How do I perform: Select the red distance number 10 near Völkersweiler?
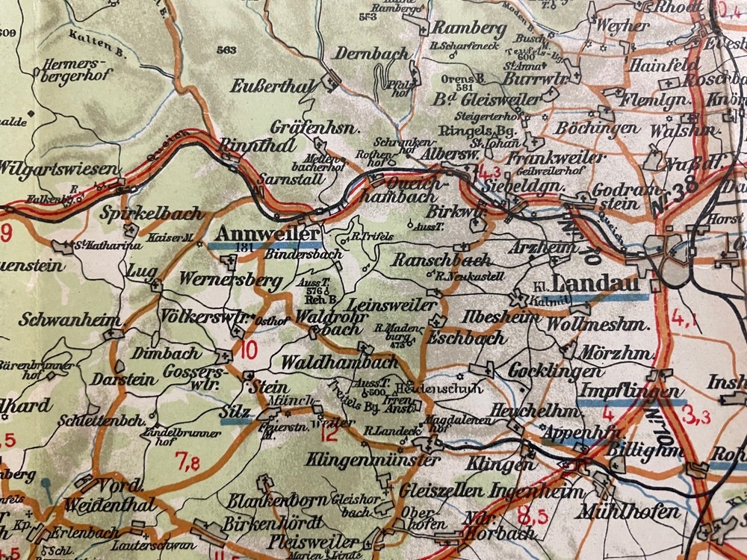pyautogui.click(x=249, y=349)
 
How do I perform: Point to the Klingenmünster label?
pyautogui.click(x=372, y=459)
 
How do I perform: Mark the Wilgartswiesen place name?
pyautogui.click(x=54, y=167)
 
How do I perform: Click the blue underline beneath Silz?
pyautogui.click(x=236, y=420)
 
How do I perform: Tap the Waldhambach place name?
pyautogui.click(x=339, y=362)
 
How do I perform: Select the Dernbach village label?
pyautogui.click(x=371, y=53)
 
